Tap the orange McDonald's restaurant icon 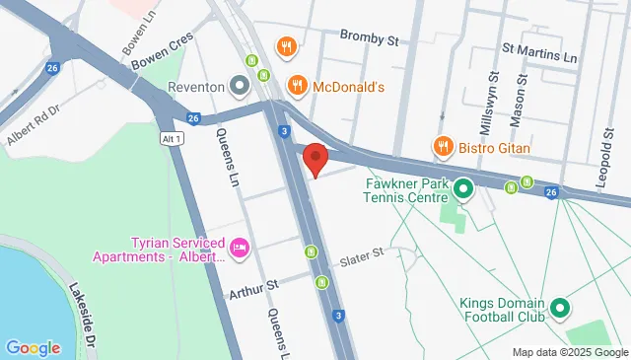295,87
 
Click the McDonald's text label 347,87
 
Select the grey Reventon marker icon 240,86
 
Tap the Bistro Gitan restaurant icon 443,148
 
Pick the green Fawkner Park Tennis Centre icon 459,185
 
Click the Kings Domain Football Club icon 560,310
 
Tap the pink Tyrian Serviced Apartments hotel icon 240,245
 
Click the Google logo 33,347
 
